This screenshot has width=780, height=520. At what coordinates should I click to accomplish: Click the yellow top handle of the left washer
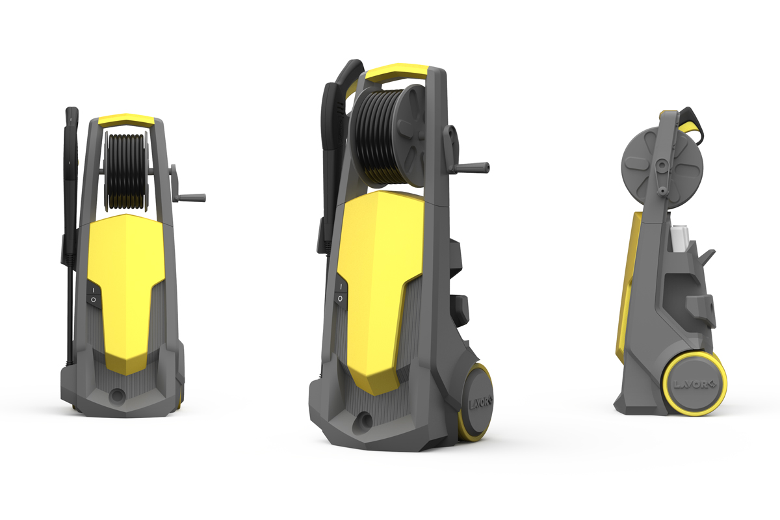point(126,120)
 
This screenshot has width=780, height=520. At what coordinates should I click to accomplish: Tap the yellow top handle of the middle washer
point(395,71)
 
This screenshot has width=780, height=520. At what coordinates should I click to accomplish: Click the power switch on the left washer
point(93,294)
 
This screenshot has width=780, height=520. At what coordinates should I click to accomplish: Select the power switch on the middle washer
point(340,292)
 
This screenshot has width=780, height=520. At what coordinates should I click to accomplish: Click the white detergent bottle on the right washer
point(680,238)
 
